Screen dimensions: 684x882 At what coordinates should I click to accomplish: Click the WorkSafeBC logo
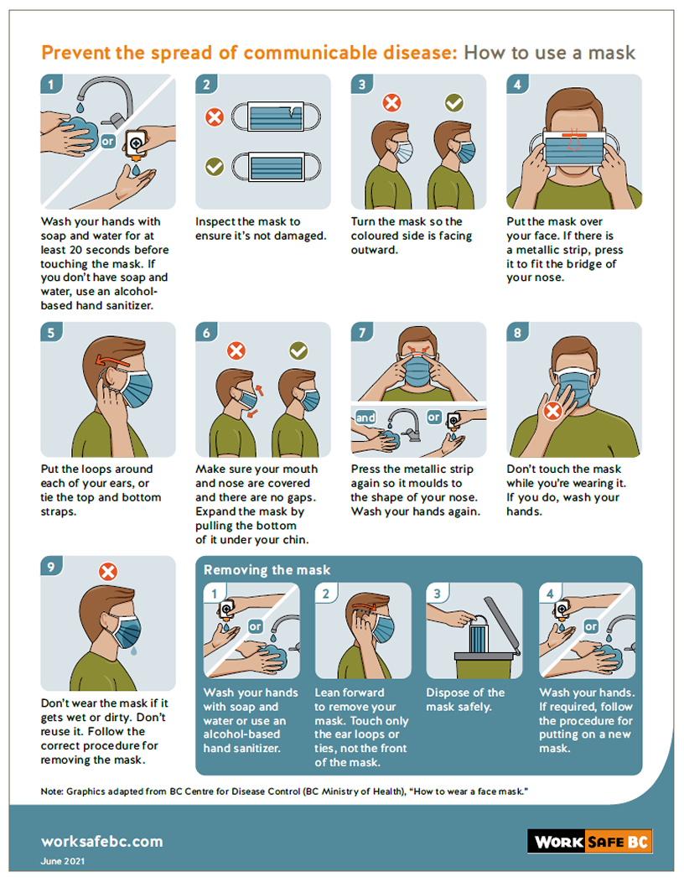point(589,842)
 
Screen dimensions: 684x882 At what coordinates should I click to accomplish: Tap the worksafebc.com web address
point(101,842)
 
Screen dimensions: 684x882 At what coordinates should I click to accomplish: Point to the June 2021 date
point(62,861)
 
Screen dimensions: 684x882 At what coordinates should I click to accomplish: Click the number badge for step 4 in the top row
point(517,85)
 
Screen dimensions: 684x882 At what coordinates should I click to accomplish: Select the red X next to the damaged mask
point(215,117)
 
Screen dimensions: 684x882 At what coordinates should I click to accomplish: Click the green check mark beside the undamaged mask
point(215,167)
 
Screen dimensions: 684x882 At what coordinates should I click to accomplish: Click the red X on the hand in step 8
point(553,411)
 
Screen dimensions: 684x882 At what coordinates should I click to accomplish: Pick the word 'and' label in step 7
point(365,418)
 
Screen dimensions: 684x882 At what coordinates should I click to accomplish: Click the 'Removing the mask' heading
point(267,570)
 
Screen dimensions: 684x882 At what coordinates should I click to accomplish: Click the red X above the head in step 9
point(108,572)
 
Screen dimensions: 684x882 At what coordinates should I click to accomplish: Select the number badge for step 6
point(206,333)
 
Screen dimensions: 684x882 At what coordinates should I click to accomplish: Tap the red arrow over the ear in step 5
point(116,360)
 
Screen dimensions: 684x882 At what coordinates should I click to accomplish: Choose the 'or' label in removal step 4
point(591,626)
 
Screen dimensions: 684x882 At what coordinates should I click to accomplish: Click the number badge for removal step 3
point(437,593)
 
